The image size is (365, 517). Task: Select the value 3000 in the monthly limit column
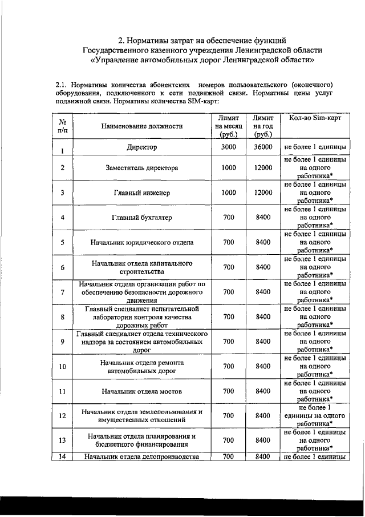[x=228, y=147]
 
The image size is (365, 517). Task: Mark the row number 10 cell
[x=62, y=366]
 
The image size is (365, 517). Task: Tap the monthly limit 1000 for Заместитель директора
[x=228, y=168]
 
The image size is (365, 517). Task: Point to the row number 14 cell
[x=62, y=456]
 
